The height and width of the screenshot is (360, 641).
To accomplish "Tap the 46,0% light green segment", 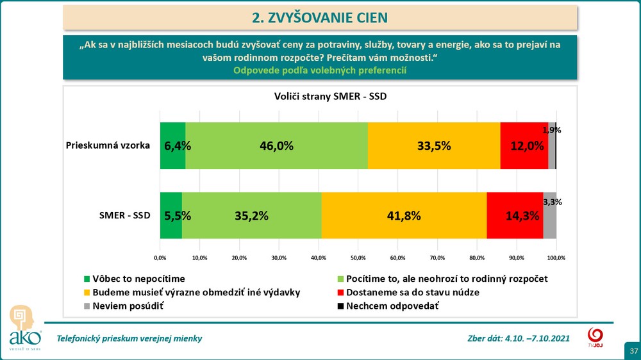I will tap(276, 145).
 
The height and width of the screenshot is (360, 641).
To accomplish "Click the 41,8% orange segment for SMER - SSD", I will tap(403, 216).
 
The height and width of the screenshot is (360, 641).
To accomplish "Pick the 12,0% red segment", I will tap(524, 145).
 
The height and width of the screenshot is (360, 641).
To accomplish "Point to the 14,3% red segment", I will tap(514, 216).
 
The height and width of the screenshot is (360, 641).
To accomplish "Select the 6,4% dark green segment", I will tap(173, 145).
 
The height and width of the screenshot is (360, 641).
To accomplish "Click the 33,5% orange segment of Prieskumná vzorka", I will tap(433, 145).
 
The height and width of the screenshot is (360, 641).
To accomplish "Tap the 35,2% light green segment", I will tap(252, 216).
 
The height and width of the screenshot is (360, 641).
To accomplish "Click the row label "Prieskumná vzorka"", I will tap(108, 145).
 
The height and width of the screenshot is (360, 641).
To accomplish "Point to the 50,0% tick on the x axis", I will tap(358, 258).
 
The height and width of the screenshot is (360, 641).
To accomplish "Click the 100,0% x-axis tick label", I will tap(556, 258).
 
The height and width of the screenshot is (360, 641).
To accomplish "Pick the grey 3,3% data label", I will tap(552, 202).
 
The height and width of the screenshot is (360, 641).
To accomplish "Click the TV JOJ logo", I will tap(595, 338).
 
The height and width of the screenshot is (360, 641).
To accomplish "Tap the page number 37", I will tap(633, 352).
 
